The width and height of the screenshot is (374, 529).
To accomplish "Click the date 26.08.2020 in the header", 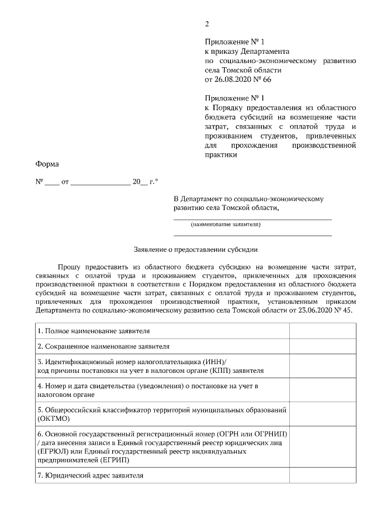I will click(x=233, y=79).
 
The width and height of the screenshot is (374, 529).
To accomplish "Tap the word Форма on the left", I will click(x=47, y=165).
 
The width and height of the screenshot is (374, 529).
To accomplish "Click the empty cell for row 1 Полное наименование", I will click(x=323, y=331).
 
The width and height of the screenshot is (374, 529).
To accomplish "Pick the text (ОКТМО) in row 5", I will click(x=54, y=419).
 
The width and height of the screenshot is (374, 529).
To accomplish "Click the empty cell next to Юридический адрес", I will click(x=323, y=475).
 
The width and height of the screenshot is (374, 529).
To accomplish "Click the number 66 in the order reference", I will click(x=267, y=79).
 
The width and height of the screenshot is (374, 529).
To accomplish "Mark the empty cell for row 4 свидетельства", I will click(x=323, y=390).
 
